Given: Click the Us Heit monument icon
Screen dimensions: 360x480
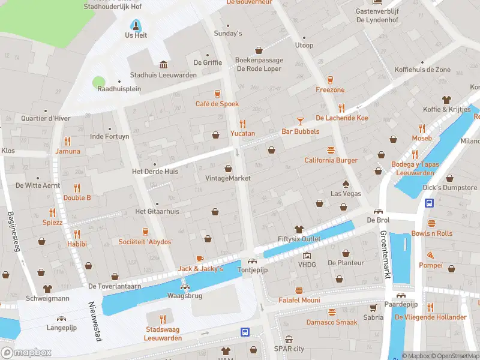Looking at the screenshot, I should [136, 25].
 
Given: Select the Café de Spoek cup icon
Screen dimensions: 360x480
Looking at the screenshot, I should [217, 94].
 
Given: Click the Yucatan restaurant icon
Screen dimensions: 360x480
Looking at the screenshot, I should [243, 124].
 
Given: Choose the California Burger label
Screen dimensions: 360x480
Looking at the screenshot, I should [331, 160].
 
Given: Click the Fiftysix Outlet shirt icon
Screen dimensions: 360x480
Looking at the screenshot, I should [299, 229].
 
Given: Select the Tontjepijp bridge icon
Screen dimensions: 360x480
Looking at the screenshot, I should [251, 260].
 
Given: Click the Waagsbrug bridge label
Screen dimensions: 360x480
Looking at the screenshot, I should [185, 295].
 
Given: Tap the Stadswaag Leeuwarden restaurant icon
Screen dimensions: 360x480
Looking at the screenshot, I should [163, 319].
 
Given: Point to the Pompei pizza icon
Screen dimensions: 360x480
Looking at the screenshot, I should [430, 255].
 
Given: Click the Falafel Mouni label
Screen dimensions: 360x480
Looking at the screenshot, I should [299, 300].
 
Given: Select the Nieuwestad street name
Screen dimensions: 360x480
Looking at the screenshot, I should [94, 321].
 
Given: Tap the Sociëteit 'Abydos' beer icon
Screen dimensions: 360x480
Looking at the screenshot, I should [145, 232].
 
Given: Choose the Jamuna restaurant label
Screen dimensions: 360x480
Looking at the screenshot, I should [68, 151].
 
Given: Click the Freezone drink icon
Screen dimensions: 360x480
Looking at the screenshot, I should [330, 80].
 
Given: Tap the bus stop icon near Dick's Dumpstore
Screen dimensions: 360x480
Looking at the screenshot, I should [430, 203].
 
